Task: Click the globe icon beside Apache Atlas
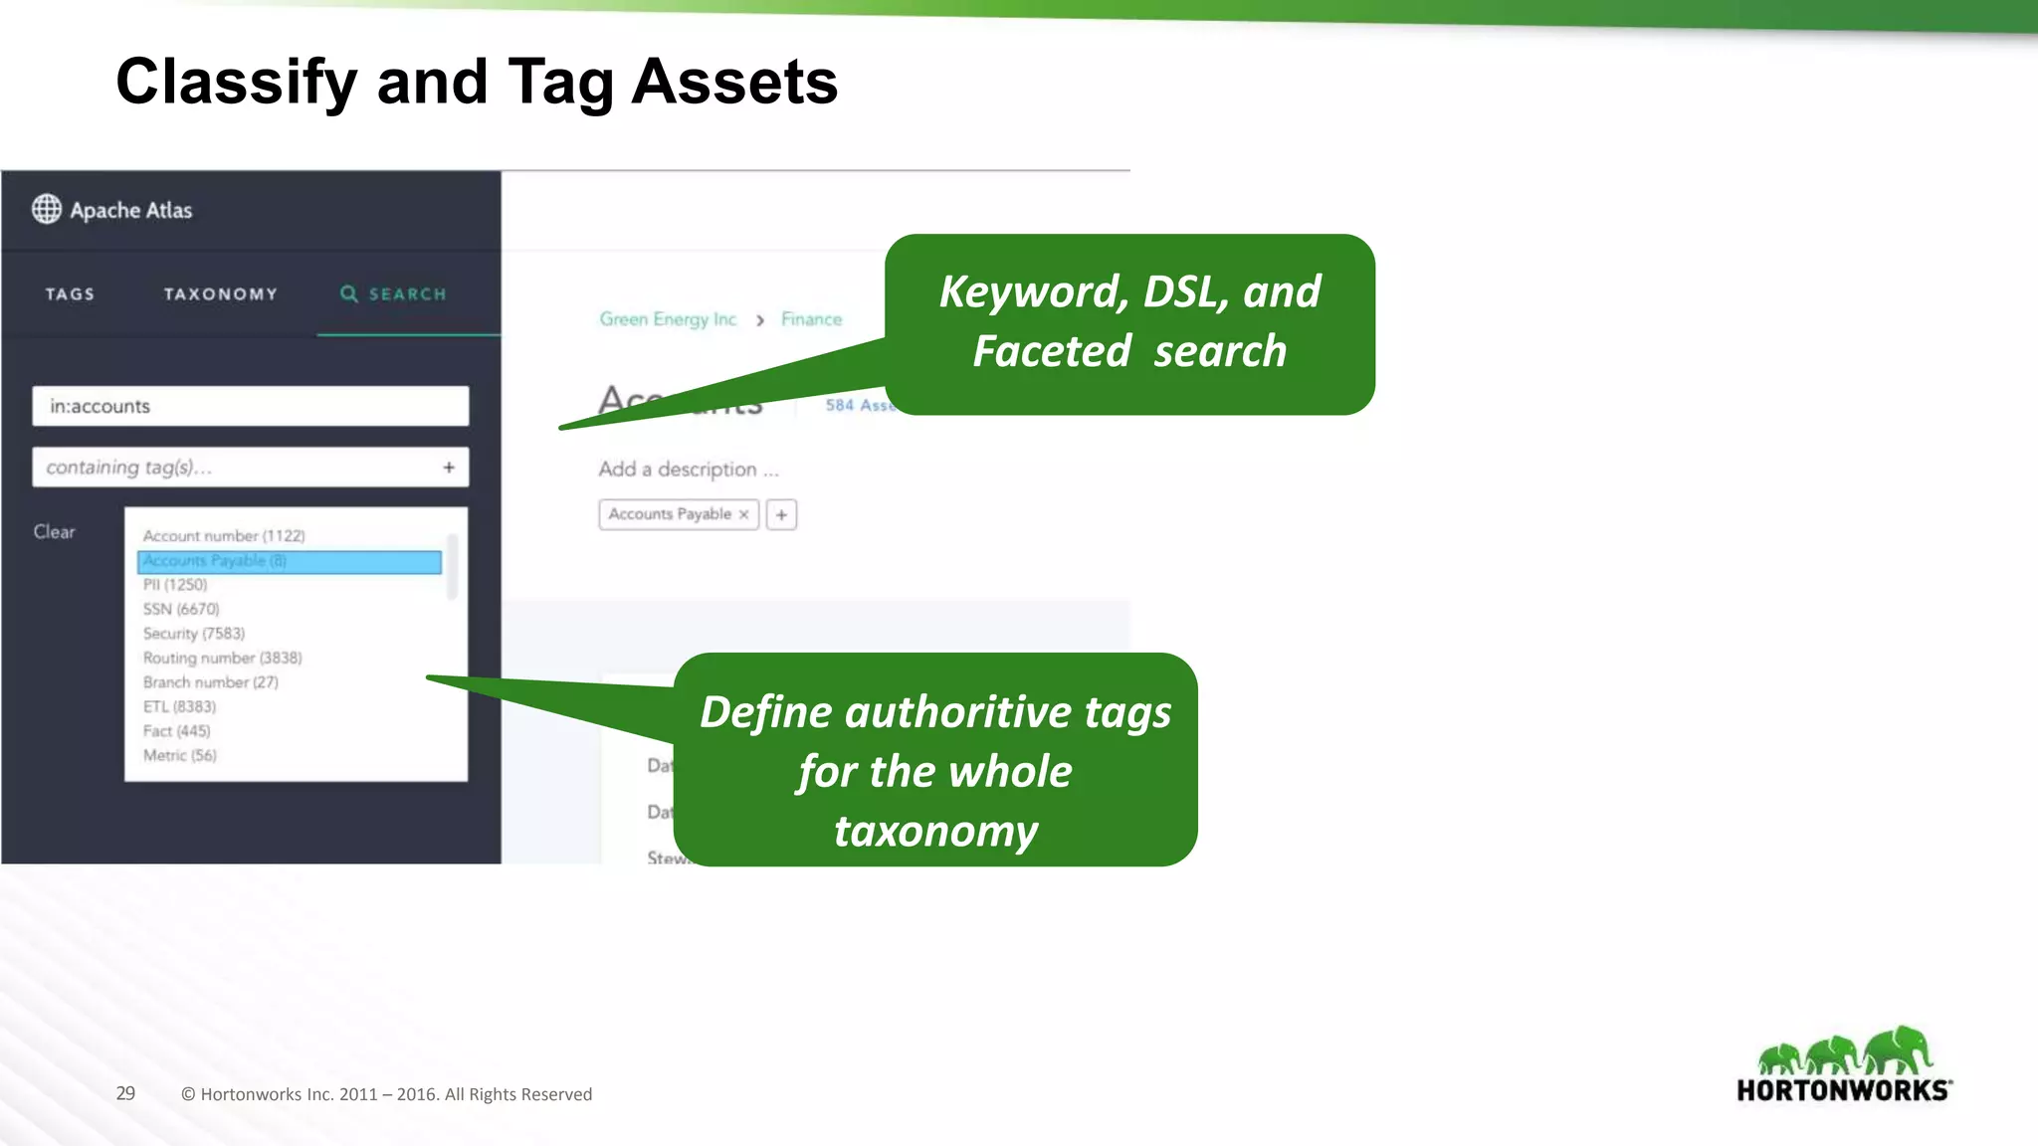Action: pyautogui.click(x=47, y=209)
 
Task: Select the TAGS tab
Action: pyautogui.click(x=70, y=294)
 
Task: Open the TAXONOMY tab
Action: pyautogui.click(x=221, y=294)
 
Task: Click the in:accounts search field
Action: pyautogui.click(x=250, y=406)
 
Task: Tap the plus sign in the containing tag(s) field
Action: pyautogui.click(x=449, y=467)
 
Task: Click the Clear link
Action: pyautogui.click(x=54, y=531)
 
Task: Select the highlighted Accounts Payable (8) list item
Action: pyautogui.click(x=289, y=561)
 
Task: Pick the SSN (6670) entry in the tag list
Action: pyautogui.click(x=181, y=609)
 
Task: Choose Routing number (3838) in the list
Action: pyautogui.click(x=222, y=658)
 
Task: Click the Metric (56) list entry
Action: pyautogui.click(x=179, y=755)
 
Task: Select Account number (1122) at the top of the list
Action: pyautogui.click(x=223, y=535)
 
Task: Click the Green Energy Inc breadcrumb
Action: pyautogui.click(x=668, y=319)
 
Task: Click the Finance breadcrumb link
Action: pyautogui.click(x=811, y=319)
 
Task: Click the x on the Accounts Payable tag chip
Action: pyautogui.click(x=743, y=514)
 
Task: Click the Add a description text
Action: pyautogui.click(x=688, y=469)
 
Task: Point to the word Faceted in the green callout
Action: pyautogui.click(x=1051, y=351)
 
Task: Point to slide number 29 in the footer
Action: pyautogui.click(x=125, y=1093)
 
